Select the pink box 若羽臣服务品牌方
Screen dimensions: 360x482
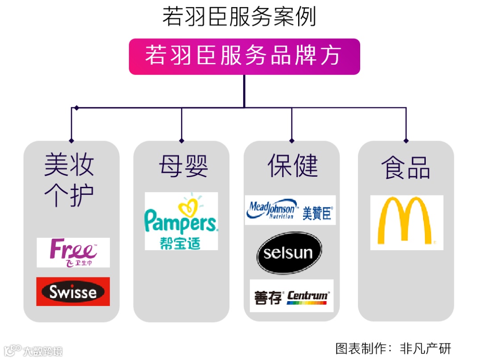pyautogui.click(x=244, y=57)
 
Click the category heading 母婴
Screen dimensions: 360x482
pyautogui.click(x=183, y=166)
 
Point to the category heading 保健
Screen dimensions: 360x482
pyautogui.click(x=293, y=166)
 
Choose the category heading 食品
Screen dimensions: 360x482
pyautogui.click(x=405, y=167)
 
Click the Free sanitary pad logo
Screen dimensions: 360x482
pyautogui.click(x=73, y=252)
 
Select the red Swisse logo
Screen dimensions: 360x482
pyautogui.click(x=73, y=292)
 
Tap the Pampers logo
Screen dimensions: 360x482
pyautogui.click(x=181, y=222)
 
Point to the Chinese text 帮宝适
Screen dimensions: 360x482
pyautogui.click(x=180, y=243)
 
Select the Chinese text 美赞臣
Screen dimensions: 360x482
pyautogui.click(x=317, y=213)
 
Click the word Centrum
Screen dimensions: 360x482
pyautogui.click(x=307, y=295)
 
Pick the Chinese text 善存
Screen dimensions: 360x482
pyautogui.click(x=268, y=298)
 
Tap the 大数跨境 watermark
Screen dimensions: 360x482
pyautogui.click(x=33, y=350)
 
